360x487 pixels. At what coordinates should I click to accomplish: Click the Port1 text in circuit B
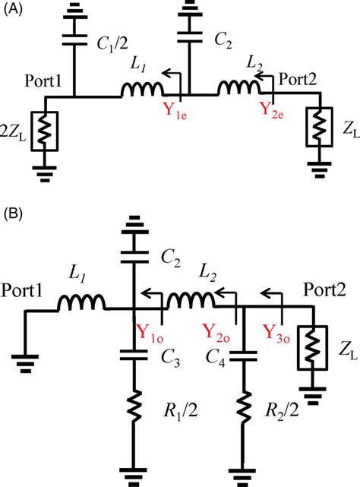(24, 291)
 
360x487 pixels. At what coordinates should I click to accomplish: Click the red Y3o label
(279, 332)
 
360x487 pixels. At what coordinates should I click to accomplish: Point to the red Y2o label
(220, 332)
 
